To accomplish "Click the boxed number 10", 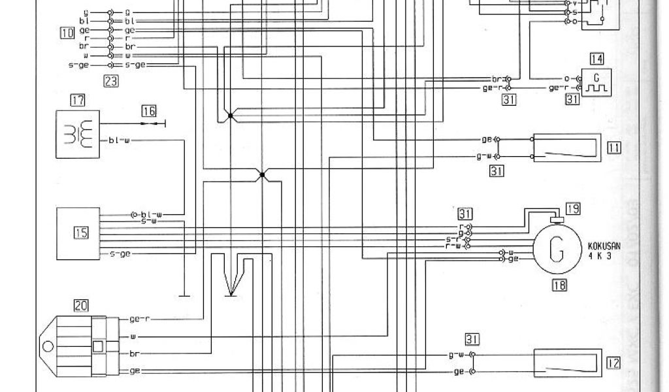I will (x=65, y=31).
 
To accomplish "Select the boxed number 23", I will (x=111, y=81).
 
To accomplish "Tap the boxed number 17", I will (x=78, y=101).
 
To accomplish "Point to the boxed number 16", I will (x=148, y=111).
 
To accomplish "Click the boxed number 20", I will (x=81, y=304).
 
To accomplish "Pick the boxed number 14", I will (x=596, y=59).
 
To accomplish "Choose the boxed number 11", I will (x=613, y=148).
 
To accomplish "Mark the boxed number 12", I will (x=613, y=362).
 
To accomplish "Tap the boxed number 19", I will (x=573, y=209).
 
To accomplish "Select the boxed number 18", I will (x=559, y=284).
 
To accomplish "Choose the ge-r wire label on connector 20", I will (x=140, y=319).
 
